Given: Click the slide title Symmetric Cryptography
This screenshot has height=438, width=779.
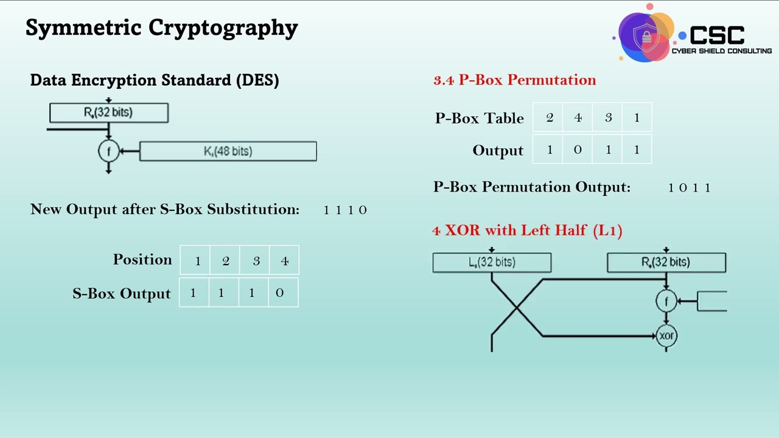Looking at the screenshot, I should point(161,28).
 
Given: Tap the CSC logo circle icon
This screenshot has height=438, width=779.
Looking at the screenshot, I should point(645,34).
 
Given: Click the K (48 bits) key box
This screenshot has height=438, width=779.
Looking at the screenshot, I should point(228,151).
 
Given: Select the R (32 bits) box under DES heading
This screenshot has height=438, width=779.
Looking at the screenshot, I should point(108,113).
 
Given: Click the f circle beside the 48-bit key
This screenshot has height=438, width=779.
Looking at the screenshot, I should point(108,151).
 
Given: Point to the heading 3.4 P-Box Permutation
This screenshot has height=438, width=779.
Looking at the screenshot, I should point(514,80).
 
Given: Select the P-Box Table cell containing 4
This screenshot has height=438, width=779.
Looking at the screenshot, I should point(578,117).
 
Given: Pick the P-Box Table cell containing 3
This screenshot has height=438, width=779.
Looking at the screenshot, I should point(607,117).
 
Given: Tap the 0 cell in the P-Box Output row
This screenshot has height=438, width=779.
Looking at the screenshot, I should point(578,150).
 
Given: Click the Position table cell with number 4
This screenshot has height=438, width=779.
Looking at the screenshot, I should point(284,261).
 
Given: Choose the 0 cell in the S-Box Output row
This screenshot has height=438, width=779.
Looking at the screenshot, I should point(280,293).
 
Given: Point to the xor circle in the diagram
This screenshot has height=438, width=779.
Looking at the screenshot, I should point(666,336).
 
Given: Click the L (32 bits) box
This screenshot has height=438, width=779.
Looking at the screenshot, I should point(492,262).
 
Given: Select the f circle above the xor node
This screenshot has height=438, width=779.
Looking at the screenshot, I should point(666,301).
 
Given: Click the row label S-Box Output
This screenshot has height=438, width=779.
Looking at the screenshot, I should point(122,293).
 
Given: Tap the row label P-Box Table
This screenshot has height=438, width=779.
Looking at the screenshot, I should point(479,118).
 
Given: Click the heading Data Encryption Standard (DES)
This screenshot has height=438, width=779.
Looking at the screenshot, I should point(155,80).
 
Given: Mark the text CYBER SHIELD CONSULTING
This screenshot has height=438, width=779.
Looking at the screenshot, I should point(721,51).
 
